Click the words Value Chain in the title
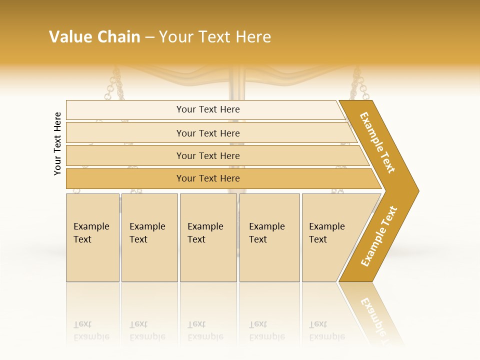[x=94, y=37]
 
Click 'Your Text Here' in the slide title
[x=215, y=37]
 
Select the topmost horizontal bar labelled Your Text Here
[x=207, y=109]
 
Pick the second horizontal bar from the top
[x=207, y=133]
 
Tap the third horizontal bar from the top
[x=207, y=155]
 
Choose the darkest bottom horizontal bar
[x=207, y=178]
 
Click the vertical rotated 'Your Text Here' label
[x=57, y=143]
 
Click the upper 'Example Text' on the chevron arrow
[x=377, y=142]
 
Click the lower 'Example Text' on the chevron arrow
[x=379, y=236]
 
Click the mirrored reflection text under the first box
[x=91, y=330]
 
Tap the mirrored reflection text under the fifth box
[x=326, y=330]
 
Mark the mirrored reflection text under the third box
[x=205, y=330]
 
